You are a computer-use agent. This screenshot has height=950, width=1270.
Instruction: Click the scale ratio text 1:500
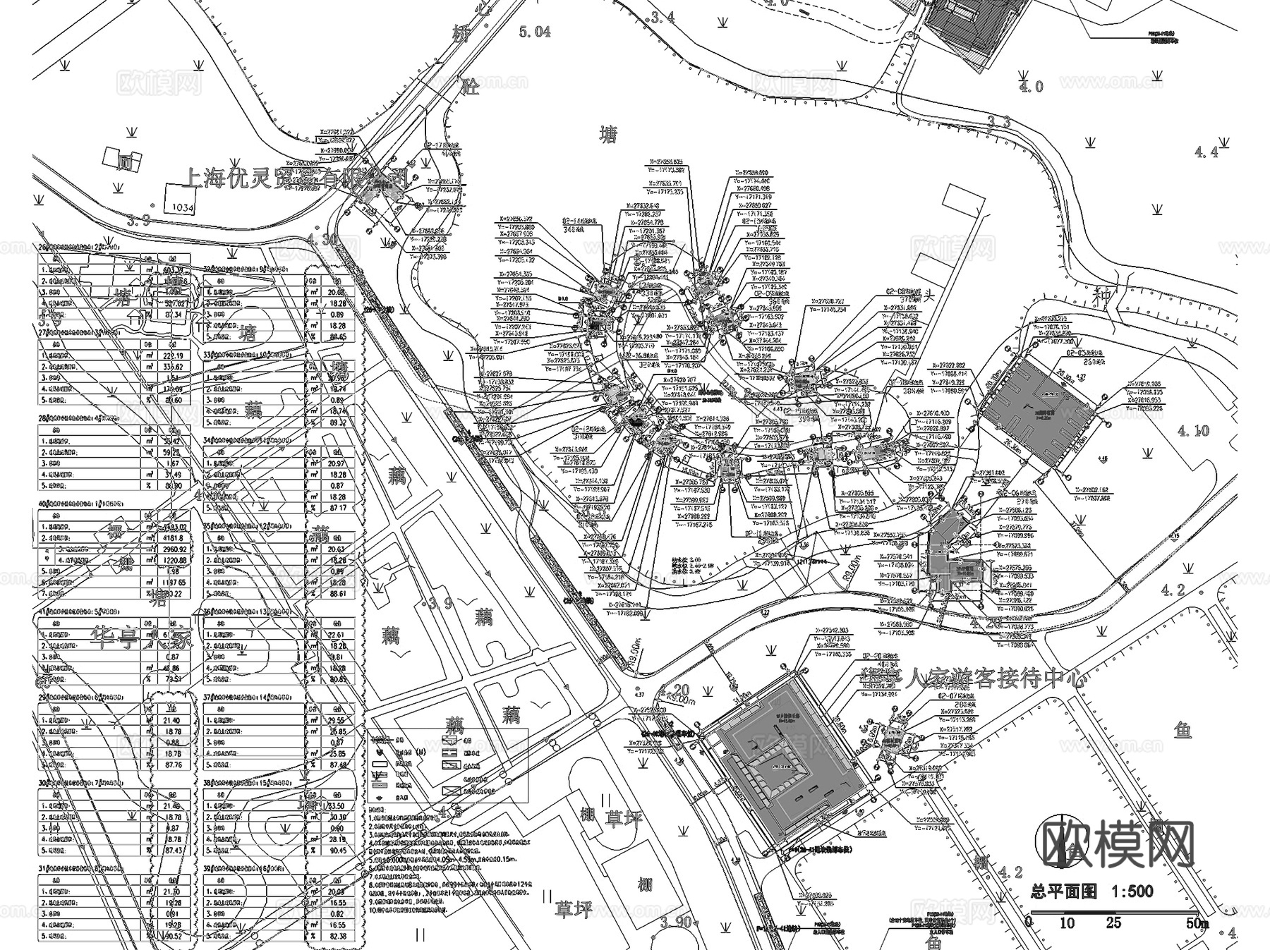pyautogui.click(x=1132, y=891)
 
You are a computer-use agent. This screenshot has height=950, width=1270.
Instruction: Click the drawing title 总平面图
pyautogui.click(x=1063, y=891)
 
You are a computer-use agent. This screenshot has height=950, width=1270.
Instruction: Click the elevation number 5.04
pyautogui.click(x=534, y=31)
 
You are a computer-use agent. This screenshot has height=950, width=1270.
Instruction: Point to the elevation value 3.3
pyautogui.click(x=998, y=122)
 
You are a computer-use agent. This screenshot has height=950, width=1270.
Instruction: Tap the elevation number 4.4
pyautogui.click(x=1206, y=152)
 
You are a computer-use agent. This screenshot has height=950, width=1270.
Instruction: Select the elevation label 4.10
pyautogui.click(x=1193, y=430)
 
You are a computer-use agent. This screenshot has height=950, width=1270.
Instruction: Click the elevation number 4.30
pyautogui.click(x=322, y=239)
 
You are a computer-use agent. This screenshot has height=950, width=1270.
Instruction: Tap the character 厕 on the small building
pyautogui.click(x=125, y=162)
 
